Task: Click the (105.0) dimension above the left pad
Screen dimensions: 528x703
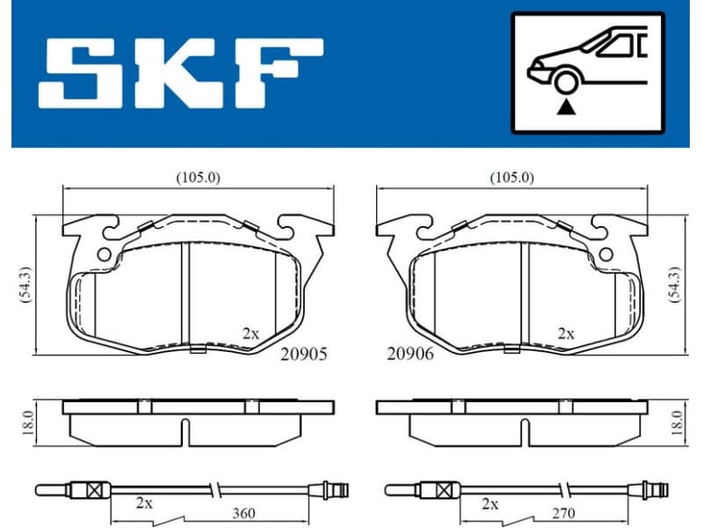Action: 198,177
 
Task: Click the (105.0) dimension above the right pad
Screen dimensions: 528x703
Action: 511,177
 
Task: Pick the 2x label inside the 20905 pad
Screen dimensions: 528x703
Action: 250,334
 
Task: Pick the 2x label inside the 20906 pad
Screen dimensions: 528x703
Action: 566,334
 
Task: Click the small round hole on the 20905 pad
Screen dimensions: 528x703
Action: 104,254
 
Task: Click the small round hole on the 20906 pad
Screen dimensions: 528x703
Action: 605,254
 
